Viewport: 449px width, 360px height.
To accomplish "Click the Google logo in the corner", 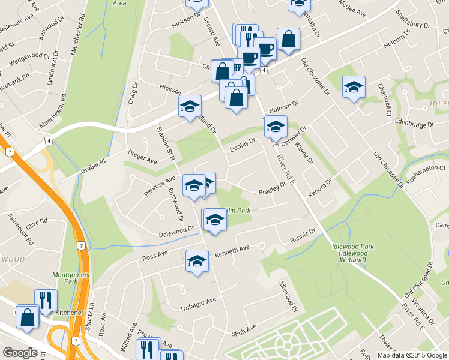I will [x=20, y=352].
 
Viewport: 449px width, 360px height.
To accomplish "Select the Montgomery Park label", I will [x=75, y=278].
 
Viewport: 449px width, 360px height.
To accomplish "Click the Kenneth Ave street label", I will [x=232, y=248].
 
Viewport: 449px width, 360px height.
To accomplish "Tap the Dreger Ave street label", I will [x=142, y=157].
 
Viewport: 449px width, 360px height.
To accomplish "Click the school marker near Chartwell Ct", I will [x=354, y=88].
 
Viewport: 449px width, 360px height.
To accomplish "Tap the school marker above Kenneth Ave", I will [x=196, y=261].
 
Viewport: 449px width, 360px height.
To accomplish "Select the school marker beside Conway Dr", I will [x=276, y=127].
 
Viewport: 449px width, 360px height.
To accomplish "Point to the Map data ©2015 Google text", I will [x=412, y=355].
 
